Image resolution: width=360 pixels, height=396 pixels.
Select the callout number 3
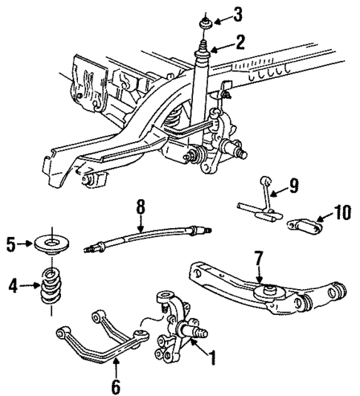tap(237, 13)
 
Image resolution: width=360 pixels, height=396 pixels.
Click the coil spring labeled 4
tap(50, 286)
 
